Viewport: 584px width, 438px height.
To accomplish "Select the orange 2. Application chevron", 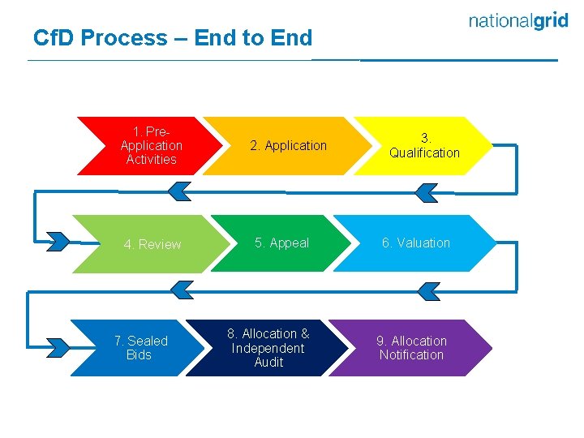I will [288, 146].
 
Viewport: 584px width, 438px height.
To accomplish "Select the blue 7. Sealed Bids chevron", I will [141, 348].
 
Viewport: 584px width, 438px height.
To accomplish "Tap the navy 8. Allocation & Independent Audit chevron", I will [268, 348].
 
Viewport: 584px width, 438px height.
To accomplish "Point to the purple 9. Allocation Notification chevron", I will [411, 348].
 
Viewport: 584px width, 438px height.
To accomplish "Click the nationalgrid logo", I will [518, 22].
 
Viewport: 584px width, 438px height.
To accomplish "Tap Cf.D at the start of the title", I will [54, 38].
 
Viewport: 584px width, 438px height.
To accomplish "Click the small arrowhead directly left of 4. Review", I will [58, 241].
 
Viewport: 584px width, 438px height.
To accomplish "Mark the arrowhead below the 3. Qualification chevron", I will [425, 192].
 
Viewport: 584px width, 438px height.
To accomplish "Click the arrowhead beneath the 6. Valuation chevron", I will [427, 290].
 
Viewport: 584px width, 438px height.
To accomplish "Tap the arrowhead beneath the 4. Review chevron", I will [182, 288].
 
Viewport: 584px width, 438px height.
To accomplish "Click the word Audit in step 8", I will [268, 363].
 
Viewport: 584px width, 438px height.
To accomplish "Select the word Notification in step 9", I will [411, 355].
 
